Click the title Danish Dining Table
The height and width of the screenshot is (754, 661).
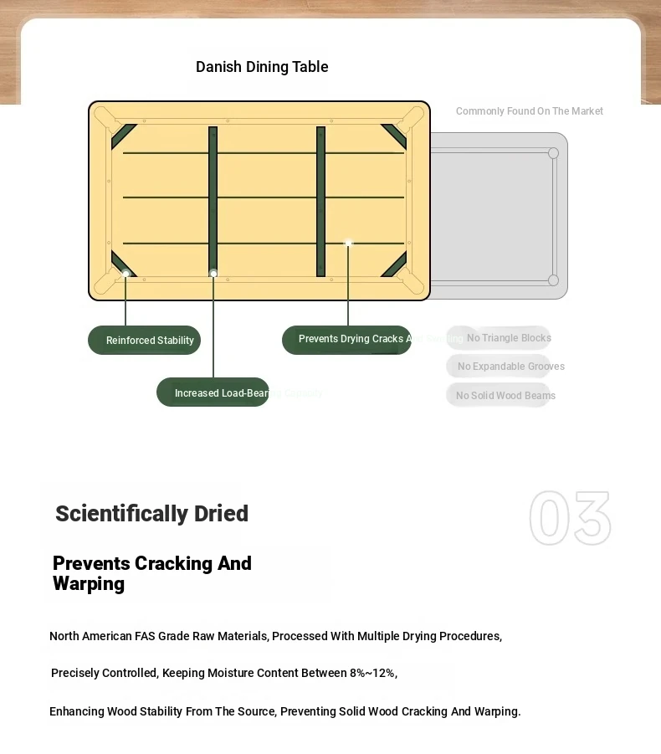[x=262, y=67]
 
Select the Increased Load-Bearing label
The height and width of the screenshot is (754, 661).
[x=213, y=392]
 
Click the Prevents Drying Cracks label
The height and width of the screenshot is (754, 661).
[x=346, y=340]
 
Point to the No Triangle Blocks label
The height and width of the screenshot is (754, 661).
[x=508, y=338]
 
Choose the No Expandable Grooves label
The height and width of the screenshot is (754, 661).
[x=510, y=367]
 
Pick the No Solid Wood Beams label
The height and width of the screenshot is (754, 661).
[x=505, y=396]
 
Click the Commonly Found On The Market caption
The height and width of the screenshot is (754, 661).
[x=529, y=111]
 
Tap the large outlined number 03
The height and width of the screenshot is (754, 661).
[x=570, y=519]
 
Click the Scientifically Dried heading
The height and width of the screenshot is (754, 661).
[x=151, y=513]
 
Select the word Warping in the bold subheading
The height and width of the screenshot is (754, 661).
[x=89, y=584]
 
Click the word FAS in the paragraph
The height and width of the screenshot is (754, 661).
[x=146, y=636]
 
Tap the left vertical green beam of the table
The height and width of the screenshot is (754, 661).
[x=213, y=201]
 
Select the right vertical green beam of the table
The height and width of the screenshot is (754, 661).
[x=320, y=201]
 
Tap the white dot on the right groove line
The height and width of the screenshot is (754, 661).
[x=348, y=244]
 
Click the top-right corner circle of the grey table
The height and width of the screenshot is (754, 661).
[x=553, y=153]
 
